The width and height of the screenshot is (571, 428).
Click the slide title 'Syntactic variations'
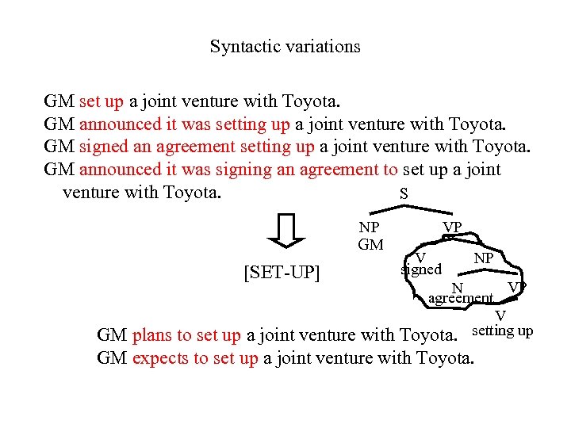[285, 47]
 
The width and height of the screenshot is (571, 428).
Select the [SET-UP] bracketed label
[282, 273]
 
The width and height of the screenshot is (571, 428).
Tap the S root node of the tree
[404, 193]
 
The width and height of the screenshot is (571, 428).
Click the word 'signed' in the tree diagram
[420, 269]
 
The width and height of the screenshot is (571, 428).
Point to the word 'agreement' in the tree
[460, 299]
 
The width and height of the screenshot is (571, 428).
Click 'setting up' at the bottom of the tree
[502, 331]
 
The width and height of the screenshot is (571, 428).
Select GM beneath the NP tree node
[370, 245]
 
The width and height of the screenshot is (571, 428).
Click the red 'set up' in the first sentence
[102, 101]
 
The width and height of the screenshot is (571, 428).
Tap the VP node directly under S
[452, 228]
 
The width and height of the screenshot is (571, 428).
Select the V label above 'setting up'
[500, 317]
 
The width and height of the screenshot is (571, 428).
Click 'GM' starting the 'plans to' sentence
[112, 335]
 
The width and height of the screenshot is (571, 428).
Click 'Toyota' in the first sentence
[309, 101]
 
